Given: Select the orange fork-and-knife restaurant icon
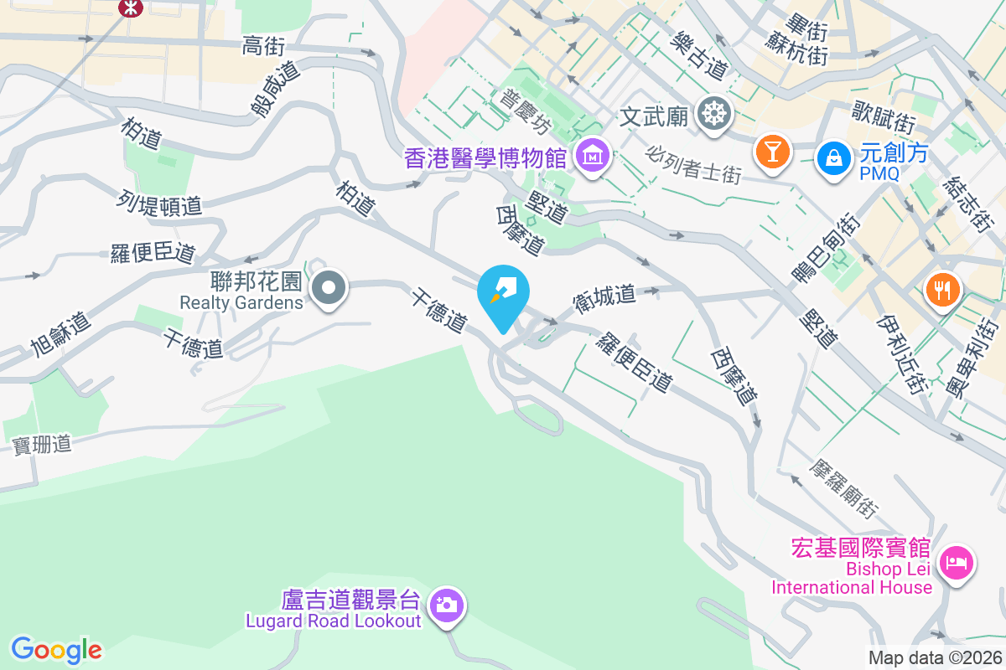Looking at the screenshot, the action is (x=942, y=291).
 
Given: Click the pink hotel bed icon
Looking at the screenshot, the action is (x=957, y=561).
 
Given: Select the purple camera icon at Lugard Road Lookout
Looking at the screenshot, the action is (x=446, y=603).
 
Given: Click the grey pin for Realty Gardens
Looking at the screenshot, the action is (x=329, y=289).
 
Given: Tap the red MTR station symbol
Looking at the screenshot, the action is (x=130, y=8).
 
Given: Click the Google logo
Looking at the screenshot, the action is (x=56, y=650).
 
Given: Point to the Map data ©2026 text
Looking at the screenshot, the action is (x=934, y=658).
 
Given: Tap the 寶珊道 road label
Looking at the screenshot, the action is (x=42, y=445).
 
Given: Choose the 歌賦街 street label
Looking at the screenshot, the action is (x=883, y=117).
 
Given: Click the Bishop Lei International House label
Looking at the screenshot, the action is (x=852, y=578).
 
